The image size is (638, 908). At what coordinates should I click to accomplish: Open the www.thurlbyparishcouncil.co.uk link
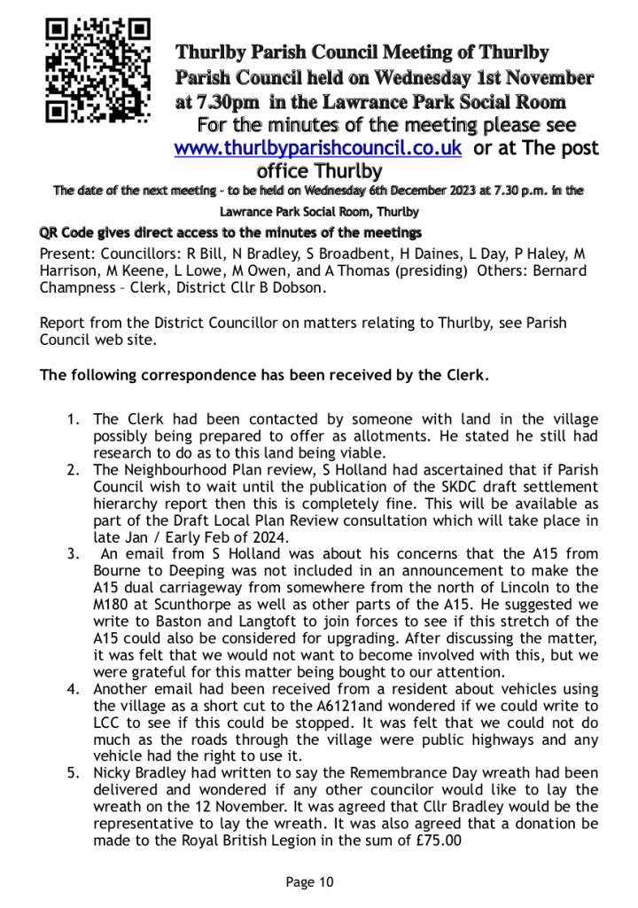click(318, 148)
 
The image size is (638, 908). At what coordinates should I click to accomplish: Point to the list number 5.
click(75, 772)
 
